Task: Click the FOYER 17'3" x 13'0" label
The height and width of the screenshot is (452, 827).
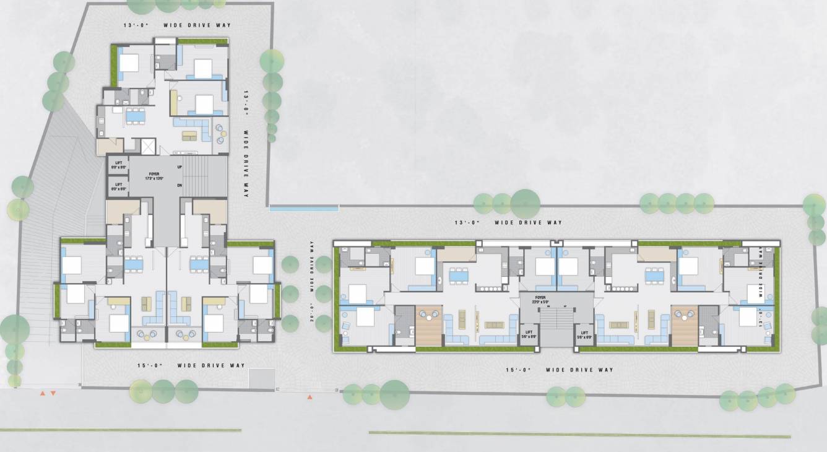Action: tap(154, 176)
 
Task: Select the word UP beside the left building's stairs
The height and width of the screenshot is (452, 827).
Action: tap(180, 167)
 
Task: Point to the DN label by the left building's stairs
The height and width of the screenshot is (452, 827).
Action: tap(180, 185)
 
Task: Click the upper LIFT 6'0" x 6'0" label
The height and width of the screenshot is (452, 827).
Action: tap(118, 165)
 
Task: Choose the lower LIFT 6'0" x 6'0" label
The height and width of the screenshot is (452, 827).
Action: tap(118, 185)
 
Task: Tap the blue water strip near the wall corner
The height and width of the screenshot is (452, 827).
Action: tap(304, 209)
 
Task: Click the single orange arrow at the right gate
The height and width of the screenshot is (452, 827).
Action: tap(310, 397)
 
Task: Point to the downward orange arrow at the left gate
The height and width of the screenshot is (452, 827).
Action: tap(53, 393)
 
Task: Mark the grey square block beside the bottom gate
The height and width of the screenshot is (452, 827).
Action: tap(261, 378)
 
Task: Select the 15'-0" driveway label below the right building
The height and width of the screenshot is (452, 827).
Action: tap(559, 370)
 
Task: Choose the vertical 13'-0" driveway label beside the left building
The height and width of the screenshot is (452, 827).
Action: tap(246, 146)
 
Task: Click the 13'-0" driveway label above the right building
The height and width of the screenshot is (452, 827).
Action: tap(508, 222)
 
